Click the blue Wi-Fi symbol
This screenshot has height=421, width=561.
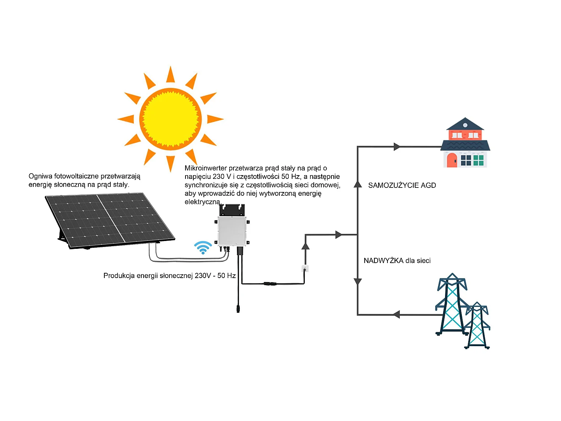(x=203, y=247)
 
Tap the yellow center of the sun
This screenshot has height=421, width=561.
(x=171, y=119)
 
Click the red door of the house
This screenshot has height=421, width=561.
(x=452, y=160)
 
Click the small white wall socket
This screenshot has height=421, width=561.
(x=305, y=268)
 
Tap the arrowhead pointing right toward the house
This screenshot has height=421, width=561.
(x=397, y=147)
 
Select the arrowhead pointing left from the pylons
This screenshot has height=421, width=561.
(x=396, y=315)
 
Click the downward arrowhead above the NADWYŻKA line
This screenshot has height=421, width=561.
(x=358, y=281)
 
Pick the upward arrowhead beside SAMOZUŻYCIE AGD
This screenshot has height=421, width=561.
(x=358, y=184)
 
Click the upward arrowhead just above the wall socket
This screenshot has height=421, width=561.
(x=306, y=246)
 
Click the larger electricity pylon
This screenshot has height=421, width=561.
(x=452, y=305)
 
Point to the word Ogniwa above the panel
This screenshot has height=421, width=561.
(x=40, y=176)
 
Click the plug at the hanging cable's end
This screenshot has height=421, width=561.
(x=238, y=308)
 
